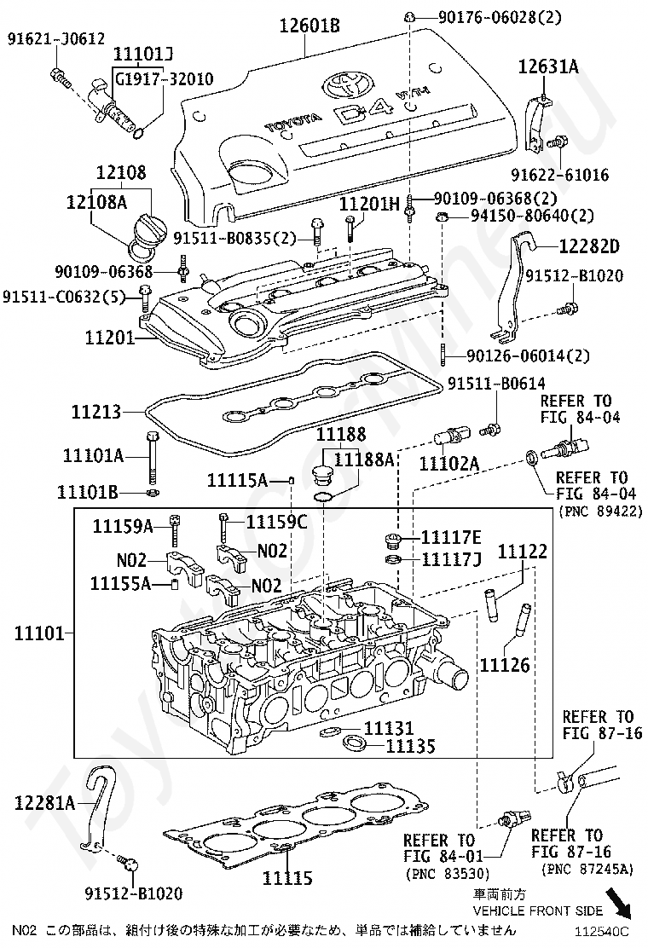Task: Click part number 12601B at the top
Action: tap(309, 26)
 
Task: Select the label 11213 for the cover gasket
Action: tap(96, 412)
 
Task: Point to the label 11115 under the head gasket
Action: tap(287, 877)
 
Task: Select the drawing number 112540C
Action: tap(600, 930)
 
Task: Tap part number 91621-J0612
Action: tap(56, 39)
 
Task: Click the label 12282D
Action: tap(589, 246)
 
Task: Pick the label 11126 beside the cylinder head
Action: tap(505, 665)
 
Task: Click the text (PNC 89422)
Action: tap(600, 512)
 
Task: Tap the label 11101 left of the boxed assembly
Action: tap(39, 633)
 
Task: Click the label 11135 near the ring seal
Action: tap(410, 746)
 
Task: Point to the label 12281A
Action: tap(44, 803)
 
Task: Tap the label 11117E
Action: tap(452, 537)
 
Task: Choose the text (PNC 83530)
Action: tap(447, 873)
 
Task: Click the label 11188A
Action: tap(364, 460)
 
